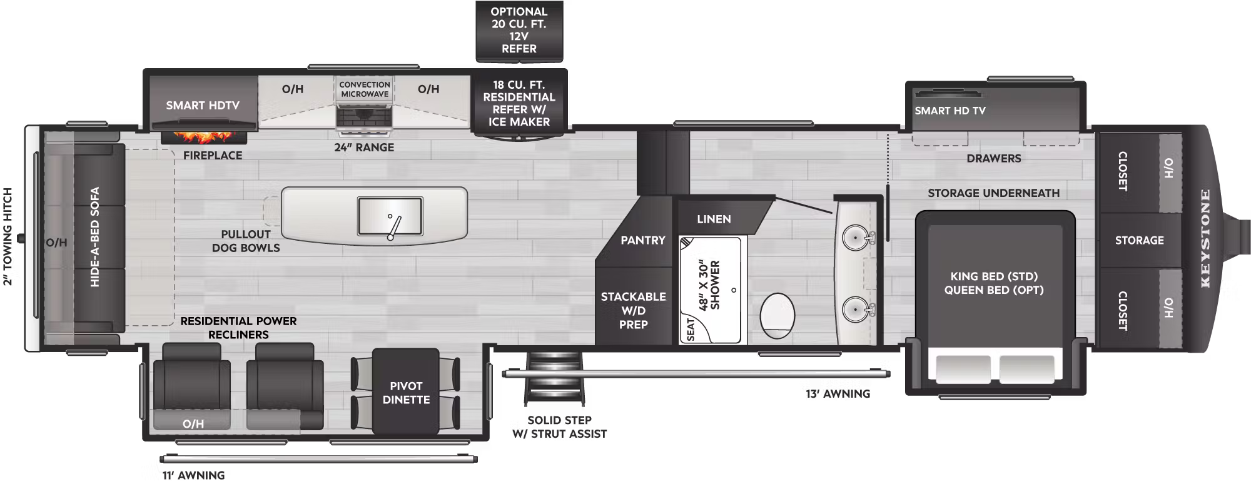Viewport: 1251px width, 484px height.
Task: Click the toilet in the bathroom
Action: [777, 316]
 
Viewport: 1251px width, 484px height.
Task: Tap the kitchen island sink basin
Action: [390, 216]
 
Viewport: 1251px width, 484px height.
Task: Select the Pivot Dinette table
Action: [406, 392]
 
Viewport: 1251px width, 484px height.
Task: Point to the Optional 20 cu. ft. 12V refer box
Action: [519, 30]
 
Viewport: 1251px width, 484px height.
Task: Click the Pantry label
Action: [642, 240]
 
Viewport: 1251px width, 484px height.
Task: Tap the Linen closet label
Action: [714, 219]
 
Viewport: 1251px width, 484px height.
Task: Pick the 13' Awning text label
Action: [838, 394]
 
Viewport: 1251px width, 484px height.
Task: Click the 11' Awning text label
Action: [193, 475]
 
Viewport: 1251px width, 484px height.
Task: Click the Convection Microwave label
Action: [365, 89]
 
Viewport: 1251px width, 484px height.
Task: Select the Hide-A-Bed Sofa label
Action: [95, 237]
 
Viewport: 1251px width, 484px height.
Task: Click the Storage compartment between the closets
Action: [1139, 240]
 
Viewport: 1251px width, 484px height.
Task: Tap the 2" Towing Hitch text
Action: [8, 237]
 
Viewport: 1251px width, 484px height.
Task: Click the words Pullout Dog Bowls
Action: [246, 241]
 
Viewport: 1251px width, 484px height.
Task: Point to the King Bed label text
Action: [994, 276]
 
